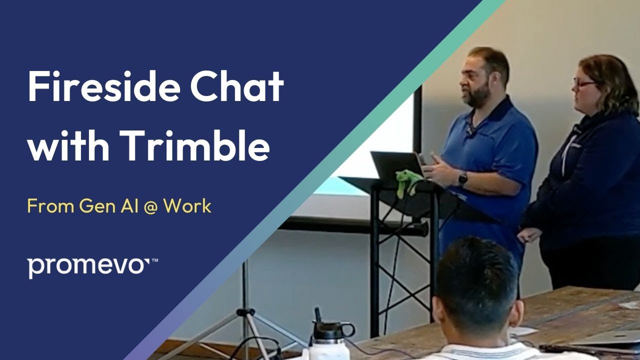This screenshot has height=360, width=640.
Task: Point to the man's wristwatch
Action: pyautogui.click(x=463, y=178)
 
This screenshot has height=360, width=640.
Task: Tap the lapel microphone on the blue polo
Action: pyautogui.click(x=470, y=130)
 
